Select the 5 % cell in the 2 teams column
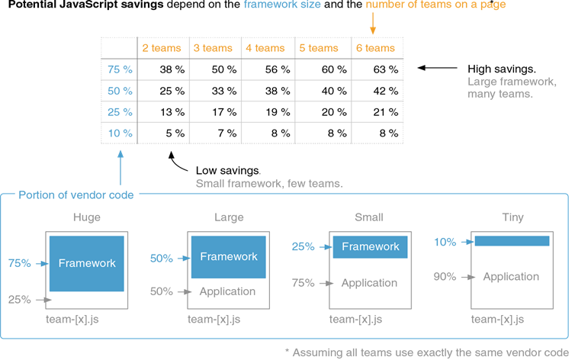[x=172, y=133]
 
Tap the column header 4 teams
[x=265, y=48]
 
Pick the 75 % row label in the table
[x=120, y=69]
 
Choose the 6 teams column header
[x=375, y=48]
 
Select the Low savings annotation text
[x=228, y=170]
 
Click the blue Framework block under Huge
[x=87, y=263]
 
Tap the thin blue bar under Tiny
[x=512, y=241]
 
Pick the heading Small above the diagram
[x=369, y=217]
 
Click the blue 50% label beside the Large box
[x=161, y=259]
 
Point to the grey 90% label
[x=445, y=276]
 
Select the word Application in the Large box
[x=227, y=291]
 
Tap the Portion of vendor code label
[x=76, y=194]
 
